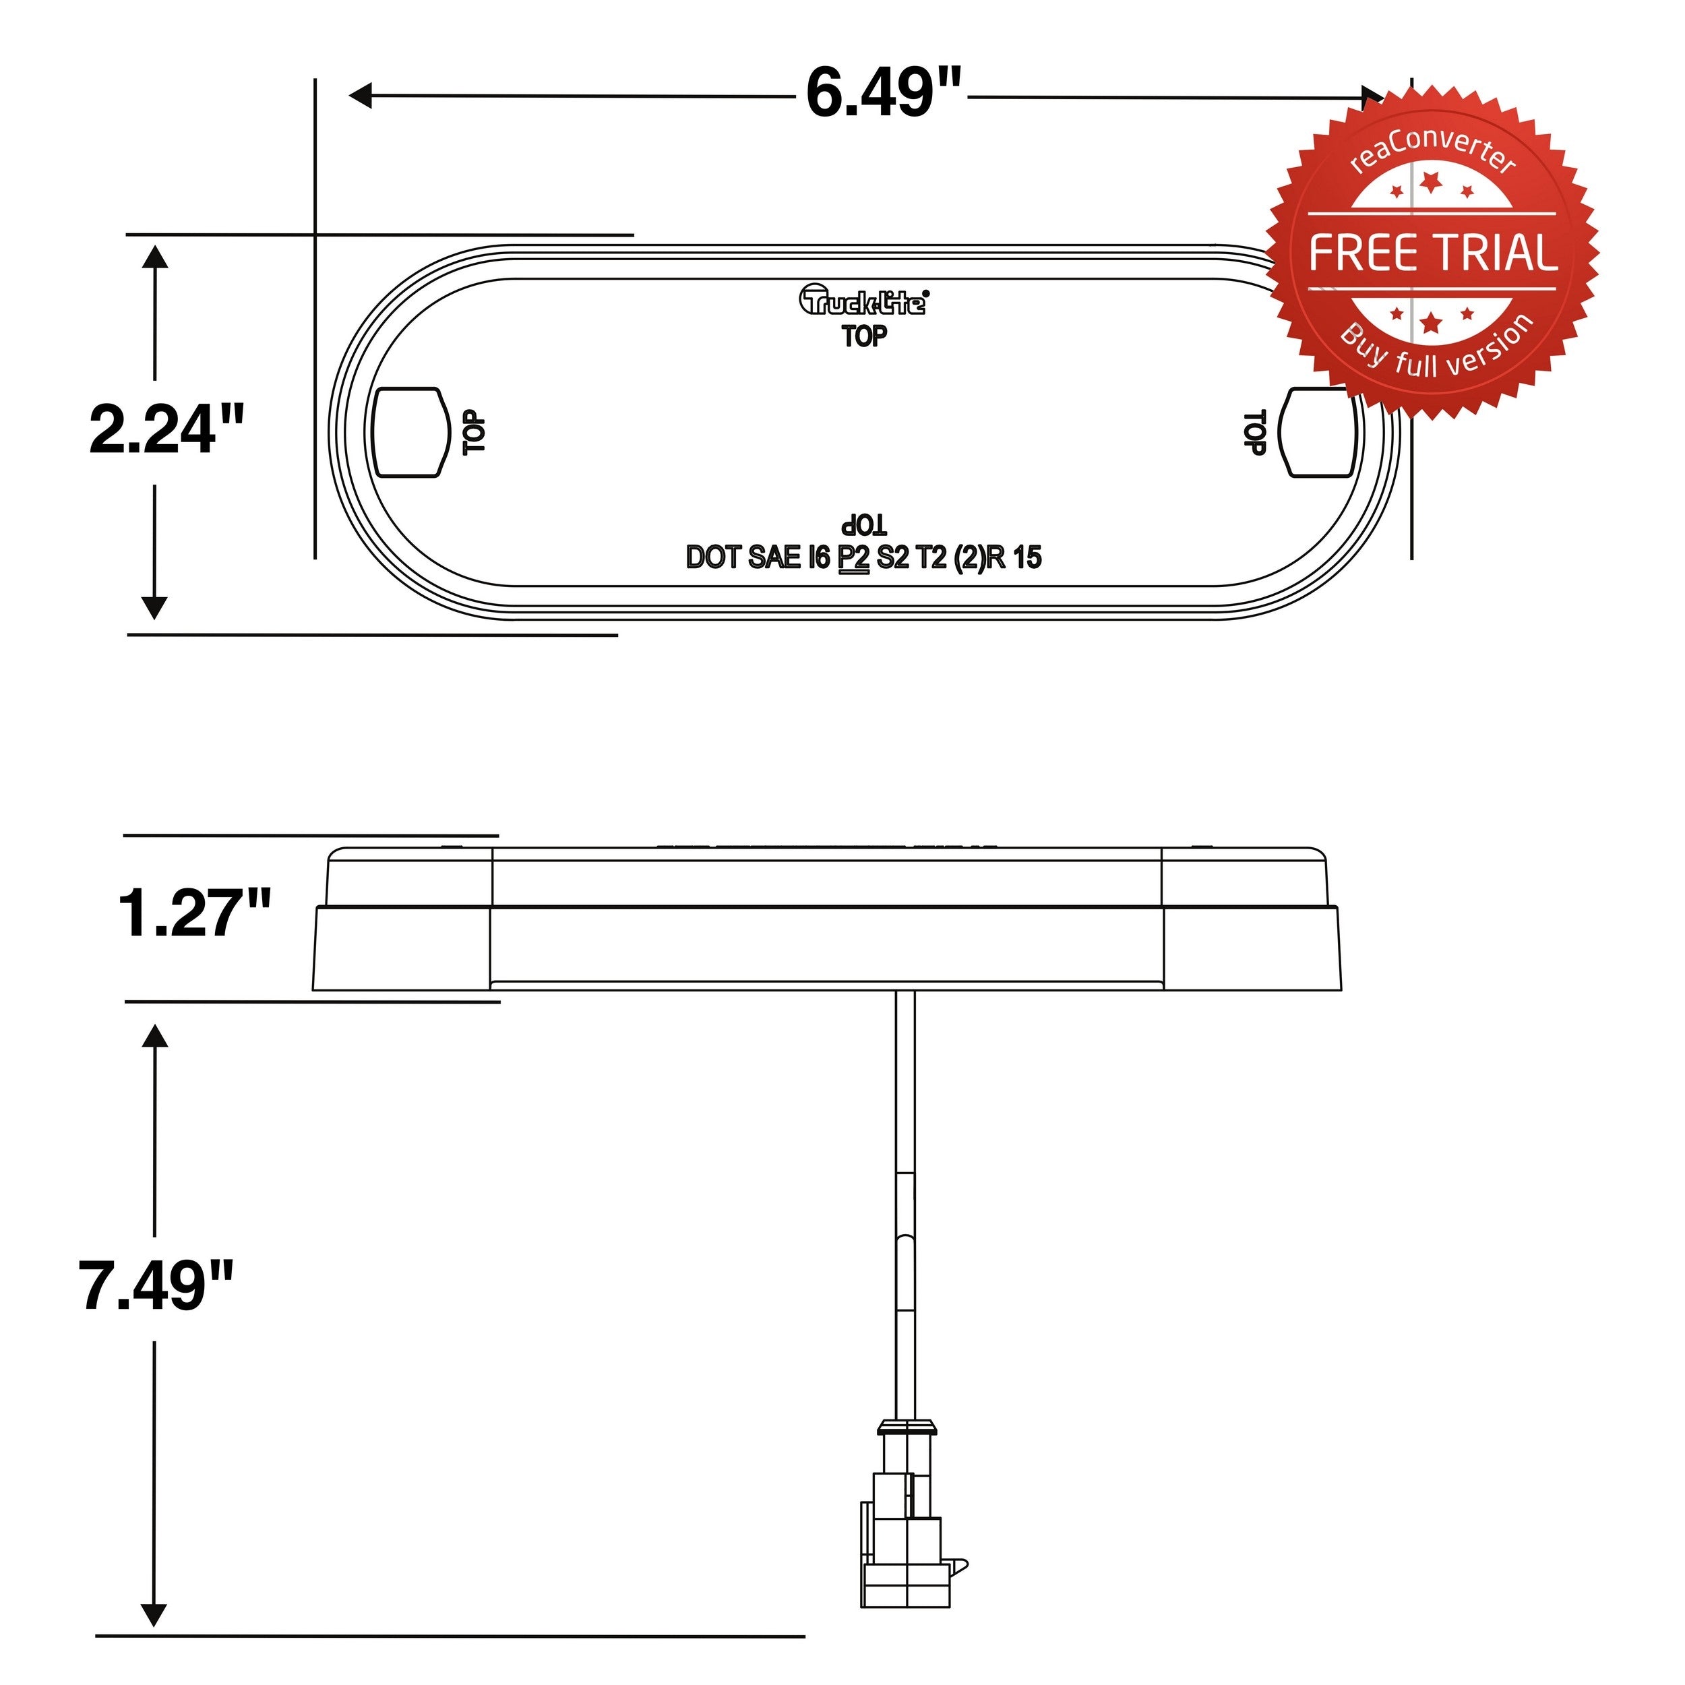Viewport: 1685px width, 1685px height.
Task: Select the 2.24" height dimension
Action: pyautogui.click(x=166, y=429)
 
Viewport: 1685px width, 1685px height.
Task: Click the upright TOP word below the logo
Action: pyautogui.click(x=864, y=336)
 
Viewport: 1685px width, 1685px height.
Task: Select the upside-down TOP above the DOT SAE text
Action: pyautogui.click(x=864, y=525)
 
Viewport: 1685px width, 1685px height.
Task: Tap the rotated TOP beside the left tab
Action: pyautogui.click(x=474, y=433)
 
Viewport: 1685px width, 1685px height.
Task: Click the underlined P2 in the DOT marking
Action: pyautogui.click(x=854, y=557)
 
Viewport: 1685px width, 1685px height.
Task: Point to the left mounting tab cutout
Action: pyautogui.click(x=407, y=433)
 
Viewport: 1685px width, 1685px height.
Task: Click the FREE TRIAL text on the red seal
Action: pyautogui.click(x=1433, y=253)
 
